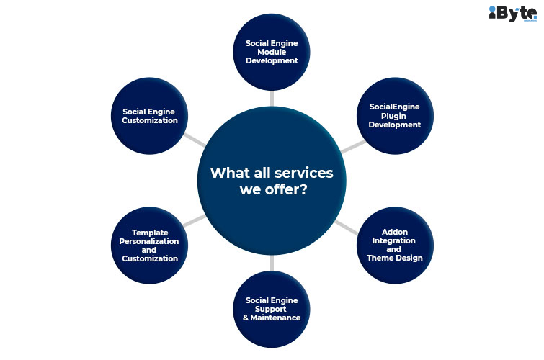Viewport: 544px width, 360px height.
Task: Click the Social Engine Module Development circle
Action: [x=272, y=53]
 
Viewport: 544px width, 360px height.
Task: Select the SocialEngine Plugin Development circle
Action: [x=394, y=115]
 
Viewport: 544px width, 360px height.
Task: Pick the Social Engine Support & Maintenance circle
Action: [x=272, y=307]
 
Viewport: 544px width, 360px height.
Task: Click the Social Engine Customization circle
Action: [x=149, y=115]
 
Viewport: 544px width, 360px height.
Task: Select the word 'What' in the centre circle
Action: [x=225, y=174]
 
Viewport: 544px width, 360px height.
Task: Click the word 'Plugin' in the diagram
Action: [x=394, y=115]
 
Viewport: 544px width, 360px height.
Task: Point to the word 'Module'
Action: [x=272, y=52]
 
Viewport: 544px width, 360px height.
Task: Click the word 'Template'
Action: [x=149, y=233]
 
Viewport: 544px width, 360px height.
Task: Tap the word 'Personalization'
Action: [x=149, y=241]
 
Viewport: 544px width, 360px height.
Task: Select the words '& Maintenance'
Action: [x=271, y=317]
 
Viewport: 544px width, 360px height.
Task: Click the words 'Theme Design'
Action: [x=394, y=258]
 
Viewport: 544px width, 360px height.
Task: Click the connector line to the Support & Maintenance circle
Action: [x=272, y=262]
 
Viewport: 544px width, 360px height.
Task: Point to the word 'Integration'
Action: [x=394, y=240]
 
